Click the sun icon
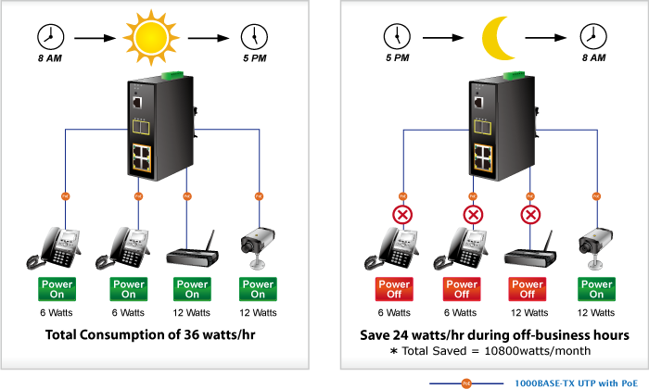[x=149, y=37]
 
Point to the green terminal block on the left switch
[x=170, y=75]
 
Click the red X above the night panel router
[x=530, y=217]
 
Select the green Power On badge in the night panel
[x=596, y=289]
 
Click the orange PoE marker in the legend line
[x=467, y=381]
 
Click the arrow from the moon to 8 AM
[x=549, y=38]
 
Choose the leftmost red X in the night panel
[x=402, y=217]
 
